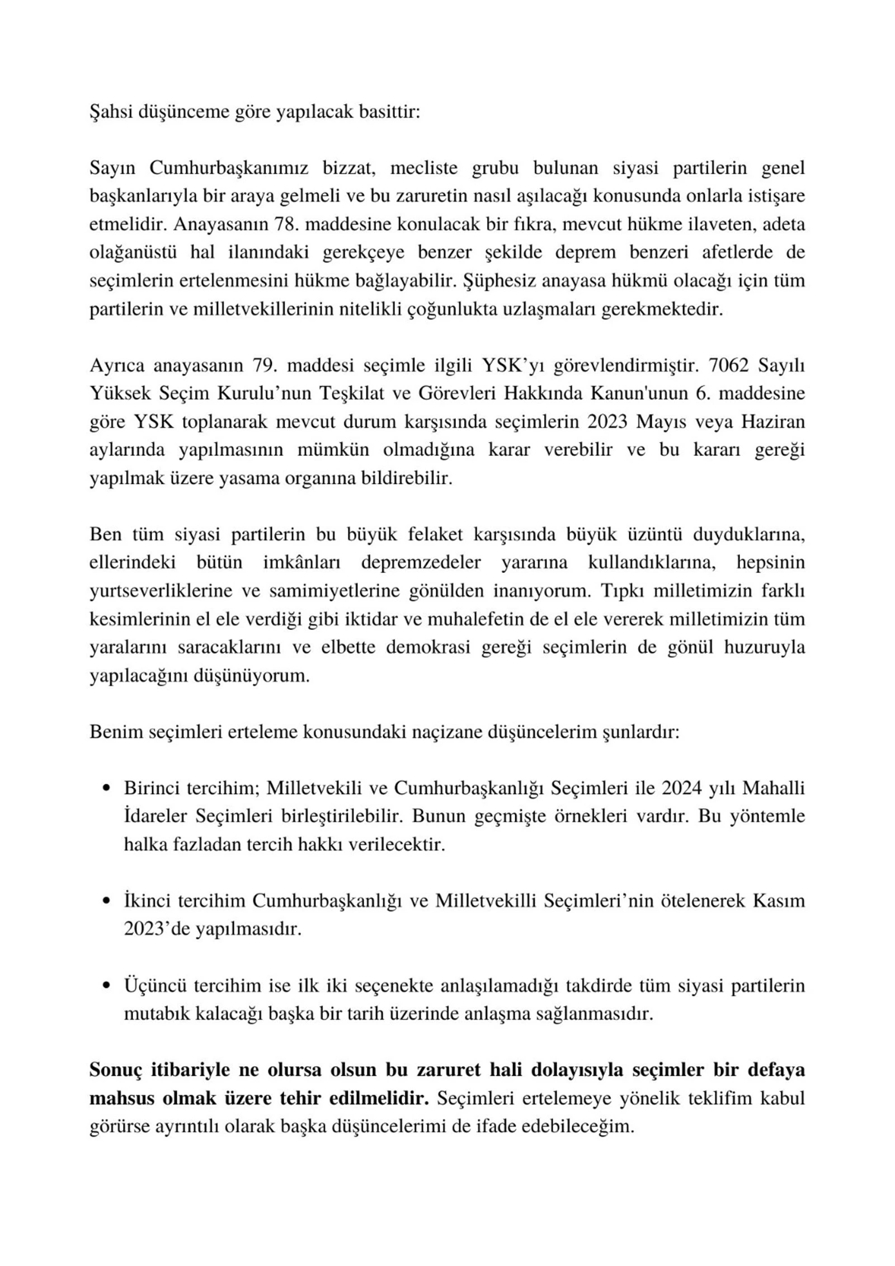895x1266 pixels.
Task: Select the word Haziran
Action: click(x=773, y=422)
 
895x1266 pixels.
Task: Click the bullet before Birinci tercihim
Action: click(x=106, y=789)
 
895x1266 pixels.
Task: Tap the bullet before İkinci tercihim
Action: click(x=106, y=901)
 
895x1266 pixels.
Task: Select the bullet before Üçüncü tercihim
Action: click(x=106, y=986)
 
